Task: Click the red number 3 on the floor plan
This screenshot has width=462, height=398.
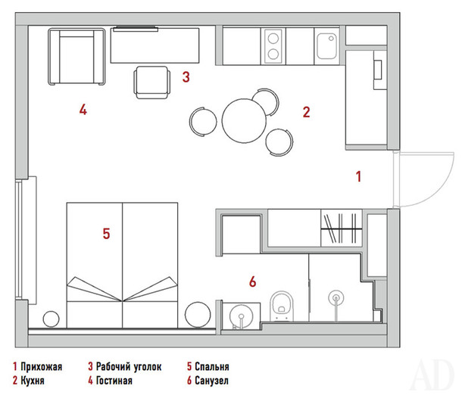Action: point(186,77)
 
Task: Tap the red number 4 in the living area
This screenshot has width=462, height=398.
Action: point(83,110)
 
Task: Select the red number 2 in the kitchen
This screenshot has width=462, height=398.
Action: point(307,112)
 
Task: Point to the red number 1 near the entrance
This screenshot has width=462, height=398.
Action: point(358,176)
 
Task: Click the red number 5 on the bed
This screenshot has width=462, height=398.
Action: point(106,234)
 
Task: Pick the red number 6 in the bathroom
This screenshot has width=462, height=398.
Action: point(253,281)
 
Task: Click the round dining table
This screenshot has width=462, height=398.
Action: point(245,121)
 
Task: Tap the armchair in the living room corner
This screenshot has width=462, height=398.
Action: point(76,57)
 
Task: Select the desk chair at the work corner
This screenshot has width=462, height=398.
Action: point(152,82)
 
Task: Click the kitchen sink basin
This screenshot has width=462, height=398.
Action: point(327,46)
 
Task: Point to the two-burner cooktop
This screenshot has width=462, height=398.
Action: point(273,46)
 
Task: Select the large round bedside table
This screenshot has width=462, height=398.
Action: point(198,315)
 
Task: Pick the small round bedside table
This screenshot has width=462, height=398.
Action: point(52,319)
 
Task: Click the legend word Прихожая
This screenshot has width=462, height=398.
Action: point(41,367)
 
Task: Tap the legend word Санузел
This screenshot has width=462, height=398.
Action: point(211,381)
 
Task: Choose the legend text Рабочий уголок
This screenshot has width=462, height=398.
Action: point(129,367)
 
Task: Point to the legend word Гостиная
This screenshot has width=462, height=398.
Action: point(114,381)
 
